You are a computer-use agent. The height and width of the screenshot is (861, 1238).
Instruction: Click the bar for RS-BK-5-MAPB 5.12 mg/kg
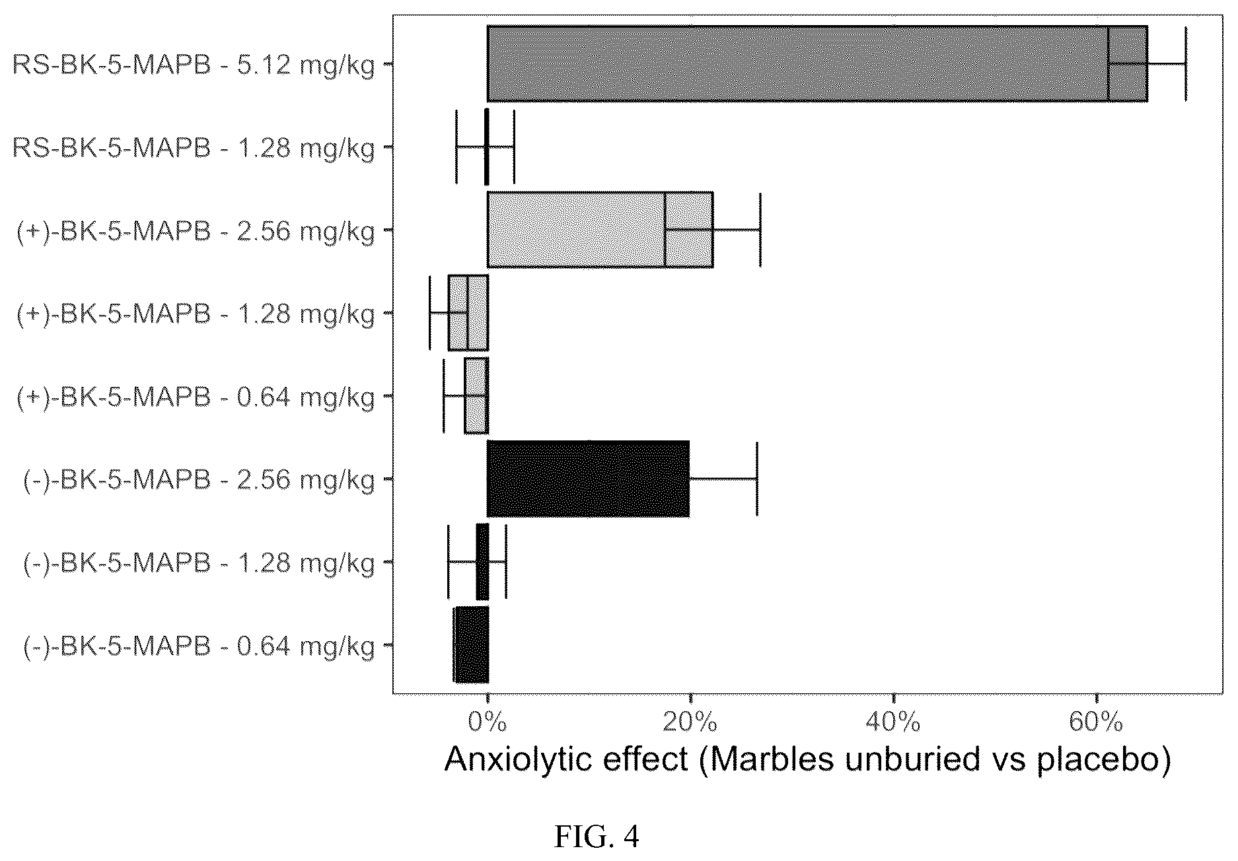(817, 64)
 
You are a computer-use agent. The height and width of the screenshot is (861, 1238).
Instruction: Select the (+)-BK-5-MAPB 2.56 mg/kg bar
(600, 230)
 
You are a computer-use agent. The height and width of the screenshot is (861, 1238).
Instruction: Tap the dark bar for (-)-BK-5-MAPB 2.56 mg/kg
(589, 478)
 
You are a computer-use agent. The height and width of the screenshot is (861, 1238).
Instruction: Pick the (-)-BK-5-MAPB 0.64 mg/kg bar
(471, 644)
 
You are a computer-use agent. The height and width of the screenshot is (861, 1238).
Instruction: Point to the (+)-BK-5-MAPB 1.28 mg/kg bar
(468, 312)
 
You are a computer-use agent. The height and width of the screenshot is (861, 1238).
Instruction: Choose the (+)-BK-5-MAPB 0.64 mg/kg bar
(476, 396)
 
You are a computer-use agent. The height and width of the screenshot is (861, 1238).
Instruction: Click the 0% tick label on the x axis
(488, 722)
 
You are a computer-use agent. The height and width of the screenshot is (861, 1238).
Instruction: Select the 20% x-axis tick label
(690, 722)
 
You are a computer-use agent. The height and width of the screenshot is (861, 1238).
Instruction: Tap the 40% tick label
(893, 722)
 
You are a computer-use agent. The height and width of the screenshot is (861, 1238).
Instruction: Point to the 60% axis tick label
(1096, 722)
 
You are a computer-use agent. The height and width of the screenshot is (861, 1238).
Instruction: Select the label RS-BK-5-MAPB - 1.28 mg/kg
(194, 149)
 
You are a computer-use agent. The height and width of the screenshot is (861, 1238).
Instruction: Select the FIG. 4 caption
(597, 837)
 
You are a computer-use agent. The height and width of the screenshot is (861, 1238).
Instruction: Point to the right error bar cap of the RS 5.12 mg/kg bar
(1186, 64)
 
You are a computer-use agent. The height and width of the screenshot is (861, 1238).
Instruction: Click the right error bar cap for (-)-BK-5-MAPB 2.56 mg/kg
(757, 478)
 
